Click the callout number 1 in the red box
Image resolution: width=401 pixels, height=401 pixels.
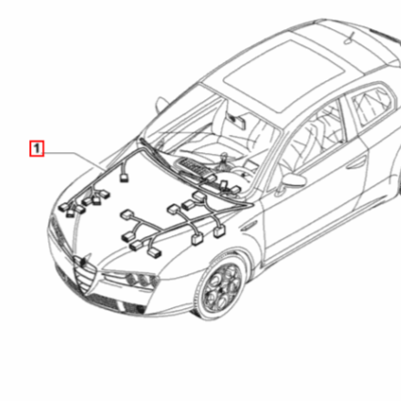coord(36,146)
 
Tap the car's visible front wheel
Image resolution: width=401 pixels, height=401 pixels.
coord(220,287)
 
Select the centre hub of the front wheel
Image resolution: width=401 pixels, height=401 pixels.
coord(220,288)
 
